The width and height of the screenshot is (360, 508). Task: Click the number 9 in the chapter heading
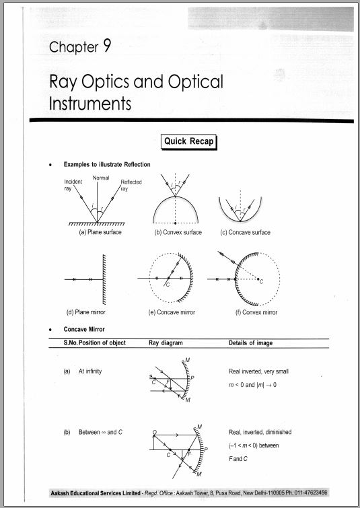pos(106,46)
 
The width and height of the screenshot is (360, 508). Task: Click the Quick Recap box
pos(188,141)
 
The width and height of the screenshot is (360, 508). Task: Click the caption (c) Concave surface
pos(246,233)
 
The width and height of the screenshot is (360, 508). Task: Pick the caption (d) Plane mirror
pos(85,312)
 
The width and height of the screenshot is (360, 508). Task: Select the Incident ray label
pos(73,186)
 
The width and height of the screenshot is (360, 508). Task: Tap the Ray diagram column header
pos(167,343)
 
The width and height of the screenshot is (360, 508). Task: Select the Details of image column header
pos(251,343)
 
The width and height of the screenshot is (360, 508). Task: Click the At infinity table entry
pos(90,371)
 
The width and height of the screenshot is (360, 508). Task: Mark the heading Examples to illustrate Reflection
pos(107,164)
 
